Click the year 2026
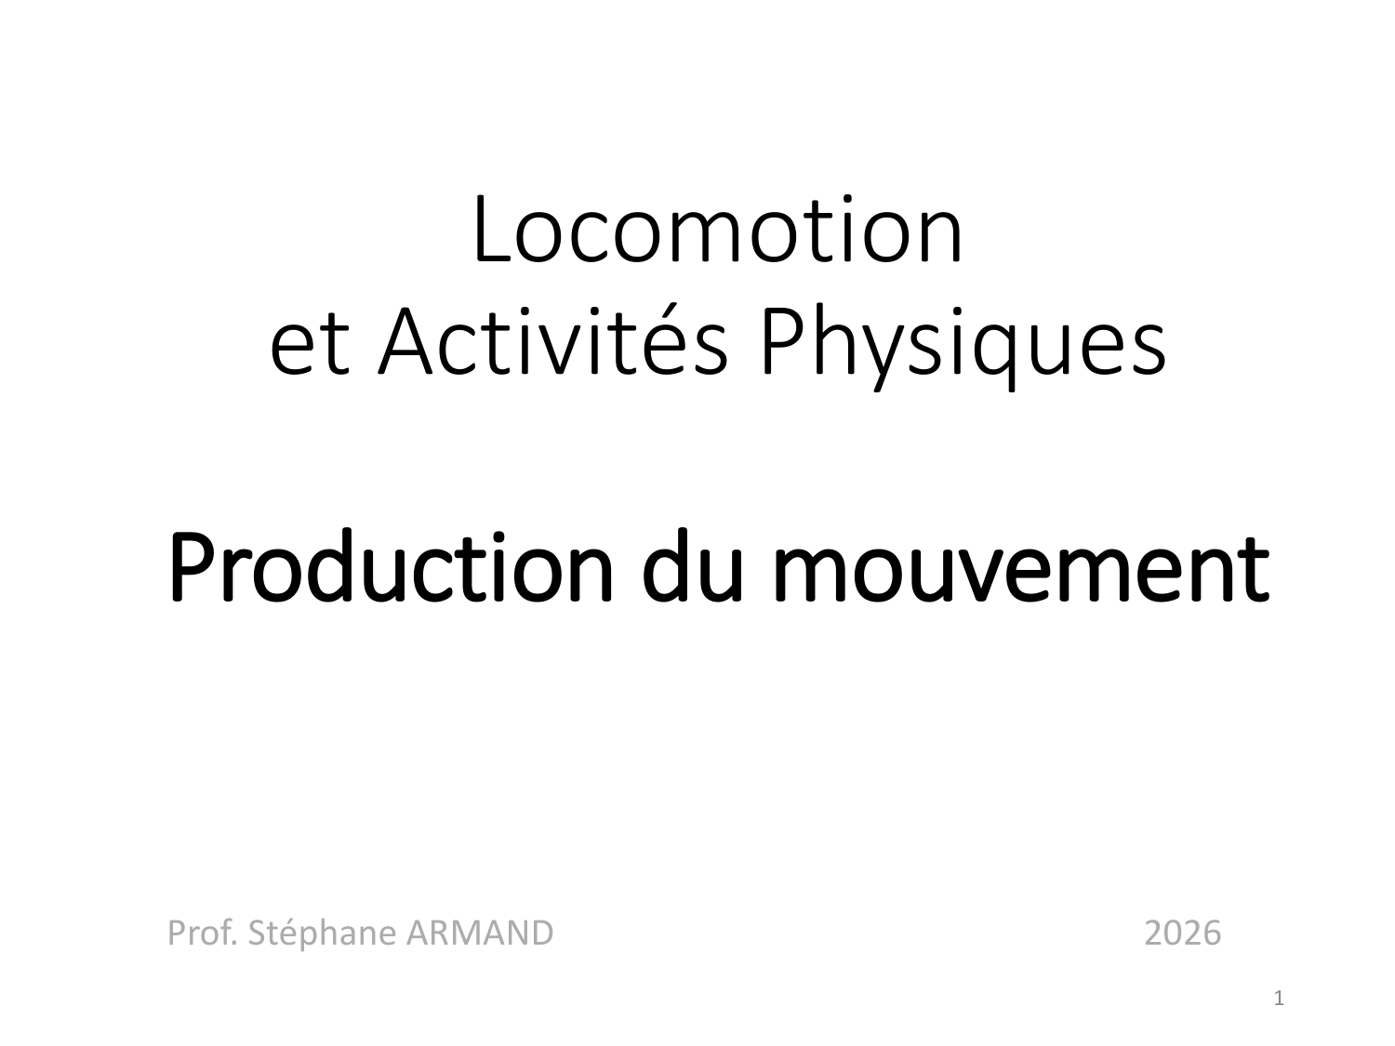tap(1182, 933)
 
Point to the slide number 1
tap(1280, 1000)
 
